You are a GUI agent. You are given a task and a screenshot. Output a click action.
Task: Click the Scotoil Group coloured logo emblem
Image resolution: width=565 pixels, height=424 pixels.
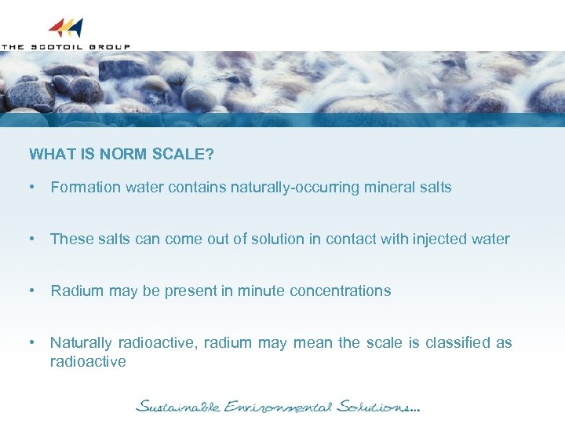pyautogui.click(x=65, y=28)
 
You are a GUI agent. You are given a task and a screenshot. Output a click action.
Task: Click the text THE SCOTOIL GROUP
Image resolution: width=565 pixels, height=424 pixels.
pyautogui.click(x=65, y=47)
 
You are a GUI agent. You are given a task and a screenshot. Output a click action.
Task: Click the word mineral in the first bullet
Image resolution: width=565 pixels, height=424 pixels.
pyautogui.click(x=389, y=188)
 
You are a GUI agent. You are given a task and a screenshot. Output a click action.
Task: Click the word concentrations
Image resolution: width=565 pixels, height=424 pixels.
pyautogui.click(x=340, y=291)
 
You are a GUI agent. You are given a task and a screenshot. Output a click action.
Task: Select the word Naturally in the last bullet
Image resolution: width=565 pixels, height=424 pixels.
pyautogui.click(x=81, y=343)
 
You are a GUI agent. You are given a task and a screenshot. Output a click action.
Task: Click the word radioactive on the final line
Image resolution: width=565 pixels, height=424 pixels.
pyautogui.click(x=88, y=362)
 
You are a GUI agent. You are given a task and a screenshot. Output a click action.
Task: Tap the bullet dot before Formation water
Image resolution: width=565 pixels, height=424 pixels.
pyautogui.click(x=32, y=188)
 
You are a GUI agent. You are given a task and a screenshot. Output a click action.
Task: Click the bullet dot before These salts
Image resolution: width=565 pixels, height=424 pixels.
pyautogui.click(x=32, y=239)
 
